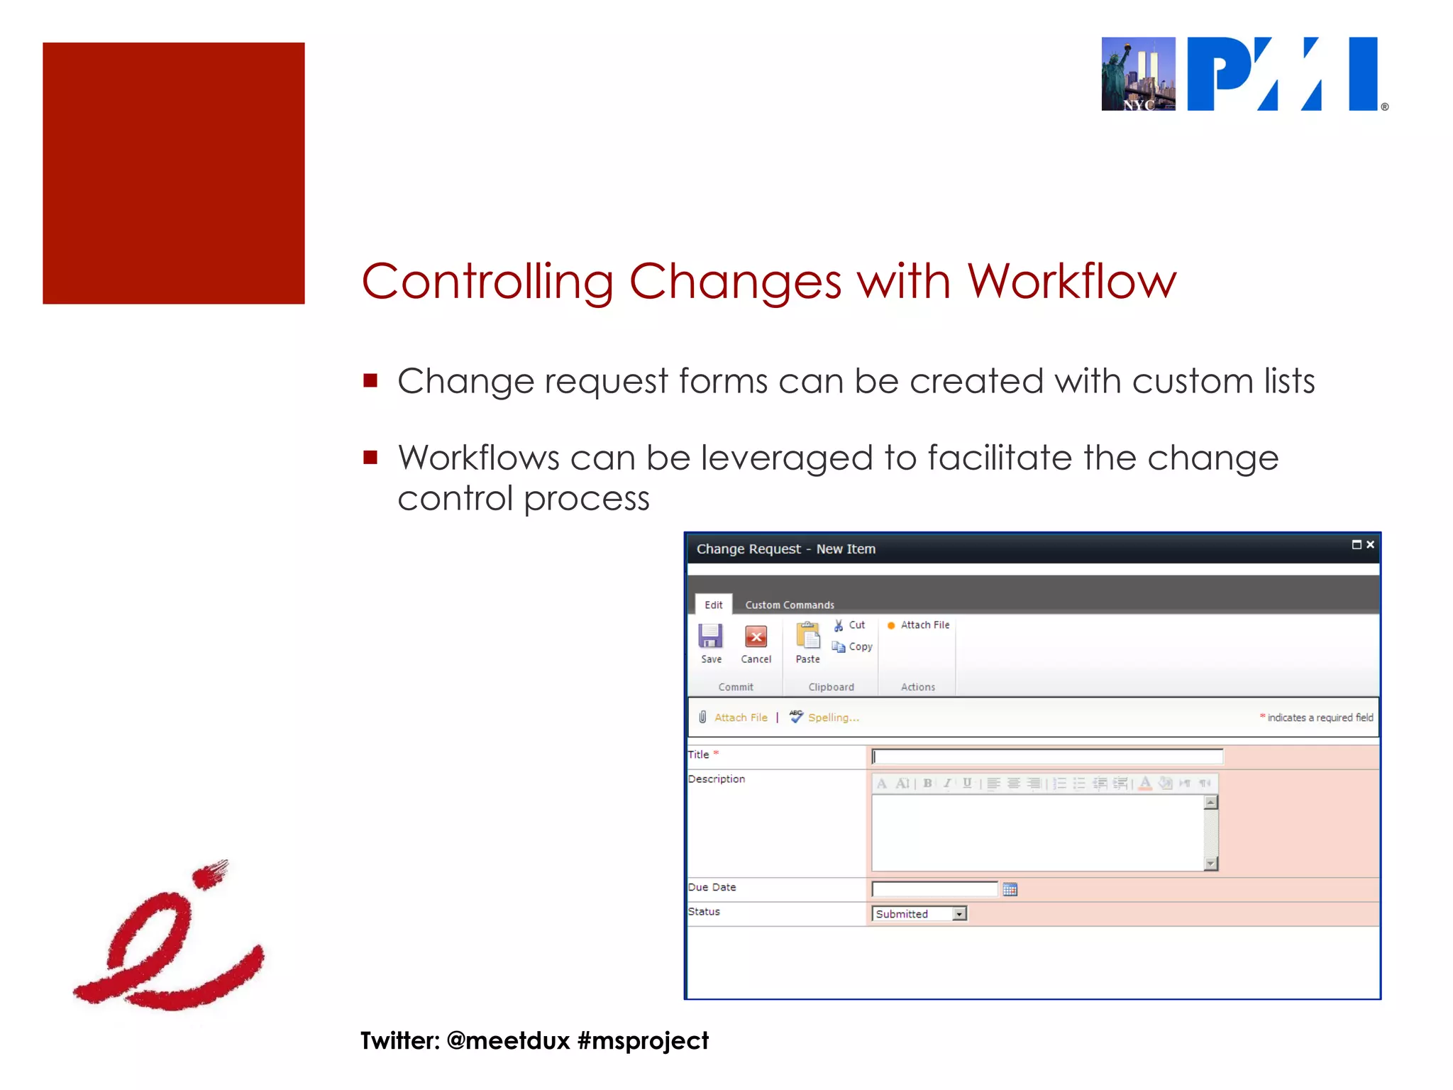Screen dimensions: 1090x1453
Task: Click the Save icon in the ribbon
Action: tap(710, 637)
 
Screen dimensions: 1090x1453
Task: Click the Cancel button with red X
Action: tap(756, 637)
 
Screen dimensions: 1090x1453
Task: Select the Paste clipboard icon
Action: tap(807, 637)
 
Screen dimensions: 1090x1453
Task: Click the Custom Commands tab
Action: tap(789, 605)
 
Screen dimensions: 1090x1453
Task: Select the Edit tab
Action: tap(713, 605)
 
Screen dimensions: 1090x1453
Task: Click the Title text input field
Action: tap(1046, 756)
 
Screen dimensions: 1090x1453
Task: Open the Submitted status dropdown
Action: tap(959, 914)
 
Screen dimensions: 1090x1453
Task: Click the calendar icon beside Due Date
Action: tap(1010, 889)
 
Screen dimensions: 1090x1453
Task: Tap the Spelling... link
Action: tap(833, 717)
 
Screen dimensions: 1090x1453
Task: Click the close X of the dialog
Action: tap(1370, 545)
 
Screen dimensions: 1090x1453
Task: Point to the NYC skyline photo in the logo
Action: tap(1138, 74)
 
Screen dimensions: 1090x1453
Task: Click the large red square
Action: tap(174, 173)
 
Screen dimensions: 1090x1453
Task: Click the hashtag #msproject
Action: tap(643, 1040)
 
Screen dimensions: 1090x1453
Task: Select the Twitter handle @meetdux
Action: tap(508, 1040)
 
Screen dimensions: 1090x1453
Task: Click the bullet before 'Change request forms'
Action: tap(370, 380)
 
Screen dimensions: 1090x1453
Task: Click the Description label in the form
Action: tap(717, 778)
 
